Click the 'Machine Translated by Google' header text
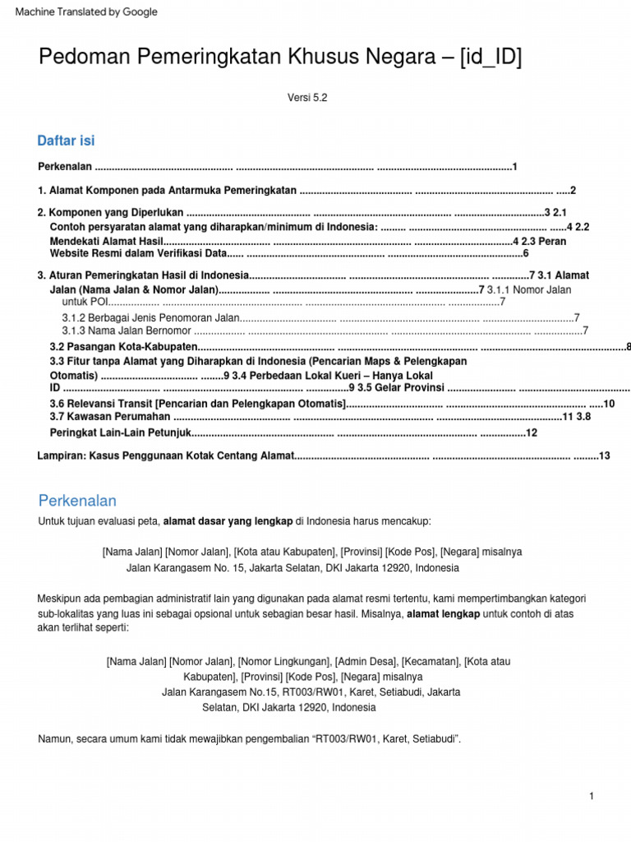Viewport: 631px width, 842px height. [x=86, y=12]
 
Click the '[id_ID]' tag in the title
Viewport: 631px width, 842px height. [x=491, y=58]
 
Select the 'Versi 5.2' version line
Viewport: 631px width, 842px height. [x=307, y=97]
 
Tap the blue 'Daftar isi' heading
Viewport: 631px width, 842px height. [x=67, y=141]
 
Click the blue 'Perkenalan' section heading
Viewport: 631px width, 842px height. [x=77, y=501]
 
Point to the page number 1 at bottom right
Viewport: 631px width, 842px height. [x=591, y=796]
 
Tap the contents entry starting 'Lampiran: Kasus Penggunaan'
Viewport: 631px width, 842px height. [x=165, y=456]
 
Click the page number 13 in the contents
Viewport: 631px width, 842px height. [x=605, y=456]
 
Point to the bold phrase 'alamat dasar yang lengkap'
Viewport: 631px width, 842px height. [x=228, y=521]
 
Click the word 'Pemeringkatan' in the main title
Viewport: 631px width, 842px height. [x=197, y=58]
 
